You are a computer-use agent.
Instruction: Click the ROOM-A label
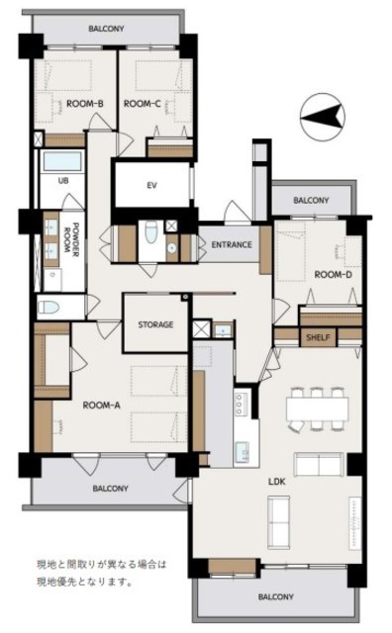click(101, 405)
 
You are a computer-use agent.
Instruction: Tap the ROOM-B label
click(85, 104)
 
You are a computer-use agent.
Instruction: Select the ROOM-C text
click(143, 104)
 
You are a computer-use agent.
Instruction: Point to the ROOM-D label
click(334, 275)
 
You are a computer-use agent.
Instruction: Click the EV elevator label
click(152, 186)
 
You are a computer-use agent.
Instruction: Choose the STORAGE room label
click(155, 324)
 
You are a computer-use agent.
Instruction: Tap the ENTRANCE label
click(232, 244)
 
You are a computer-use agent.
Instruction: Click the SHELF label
click(318, 337)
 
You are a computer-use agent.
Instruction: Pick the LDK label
click(277, 482)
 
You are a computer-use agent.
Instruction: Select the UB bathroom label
click(63, 181)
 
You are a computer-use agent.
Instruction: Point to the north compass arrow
click(323, 117)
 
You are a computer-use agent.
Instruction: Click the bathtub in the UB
click(62, 160)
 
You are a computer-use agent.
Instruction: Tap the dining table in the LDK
click(317, 409)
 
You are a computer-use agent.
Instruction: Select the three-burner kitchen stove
click(240, 403)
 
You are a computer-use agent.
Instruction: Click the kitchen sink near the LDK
click(243, 452)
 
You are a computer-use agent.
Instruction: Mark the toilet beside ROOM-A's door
click(49, 308)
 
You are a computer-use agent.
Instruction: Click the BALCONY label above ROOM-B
click(106, 29)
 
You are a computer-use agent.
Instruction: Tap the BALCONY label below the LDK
click(276, 596)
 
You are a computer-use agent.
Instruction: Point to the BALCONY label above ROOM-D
click(311, 200)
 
